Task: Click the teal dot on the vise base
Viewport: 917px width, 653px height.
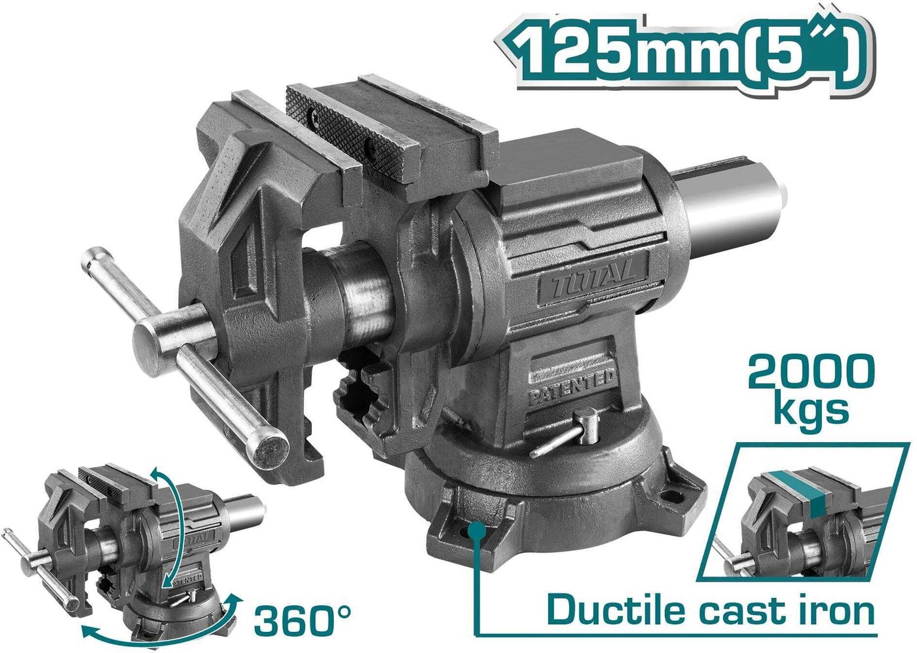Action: click(x=477, y=531)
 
